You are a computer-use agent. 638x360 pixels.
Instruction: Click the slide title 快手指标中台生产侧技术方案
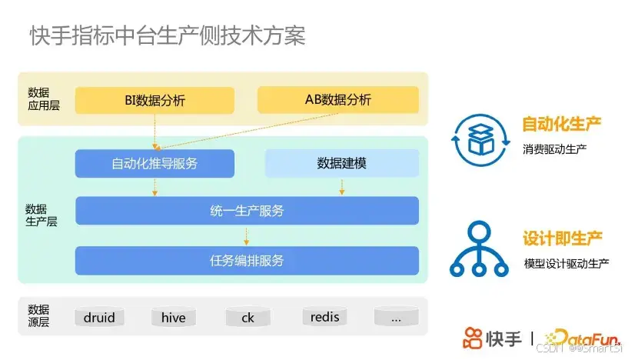point(167,36)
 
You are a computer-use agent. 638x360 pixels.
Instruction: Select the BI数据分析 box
point(155,100)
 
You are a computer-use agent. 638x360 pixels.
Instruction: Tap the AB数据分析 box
point(337,100)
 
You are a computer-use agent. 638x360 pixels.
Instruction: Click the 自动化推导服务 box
point(155,163)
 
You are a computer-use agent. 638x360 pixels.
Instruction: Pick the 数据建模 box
point(341,163)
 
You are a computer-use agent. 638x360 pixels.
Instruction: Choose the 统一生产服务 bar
point(247,211)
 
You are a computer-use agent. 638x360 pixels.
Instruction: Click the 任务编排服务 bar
point(247,260)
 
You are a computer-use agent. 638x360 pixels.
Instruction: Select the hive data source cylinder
point(174,317)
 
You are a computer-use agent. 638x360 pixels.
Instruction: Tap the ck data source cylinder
point(248,317)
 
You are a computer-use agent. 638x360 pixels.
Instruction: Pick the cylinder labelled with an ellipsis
point(395,317)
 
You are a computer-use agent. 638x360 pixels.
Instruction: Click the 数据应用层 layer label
point(38,99)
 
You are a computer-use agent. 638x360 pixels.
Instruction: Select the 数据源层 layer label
point(38,315)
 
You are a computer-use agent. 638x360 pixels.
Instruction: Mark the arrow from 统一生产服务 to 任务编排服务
point(247,235)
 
